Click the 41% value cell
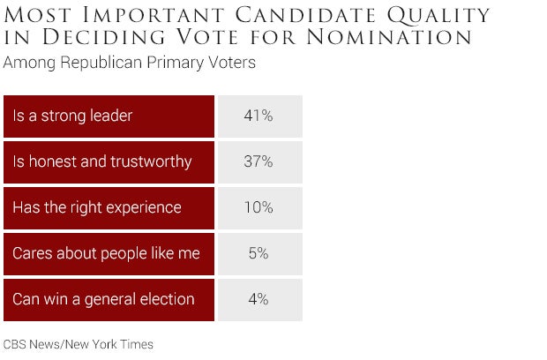click(x=259, y=116)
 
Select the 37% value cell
click(x=259, y=161)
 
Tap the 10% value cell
click(x=259, y=207)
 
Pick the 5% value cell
click(x=259, y=253)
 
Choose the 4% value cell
click(x=259, y=299)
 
